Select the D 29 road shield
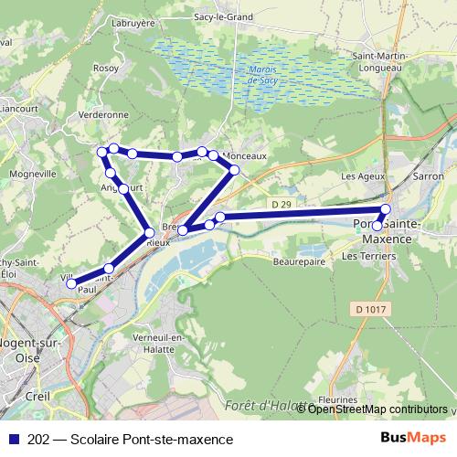coord(283,202)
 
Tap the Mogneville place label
coord(32,173)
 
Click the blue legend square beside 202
coord(14,440)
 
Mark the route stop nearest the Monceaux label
coord(214,156)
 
